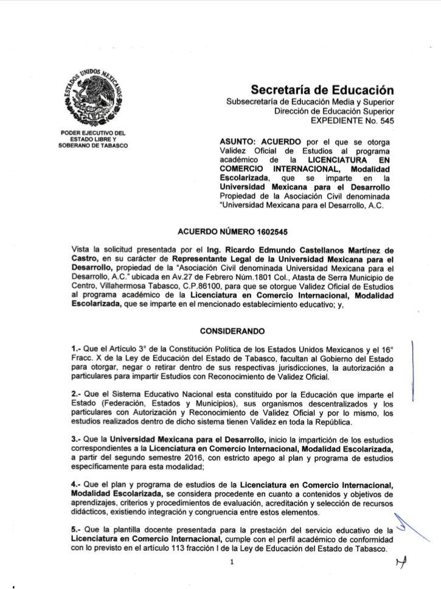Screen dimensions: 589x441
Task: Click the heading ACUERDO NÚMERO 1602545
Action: click(220, 232)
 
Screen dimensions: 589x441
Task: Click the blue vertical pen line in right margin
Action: click(414, 371)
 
